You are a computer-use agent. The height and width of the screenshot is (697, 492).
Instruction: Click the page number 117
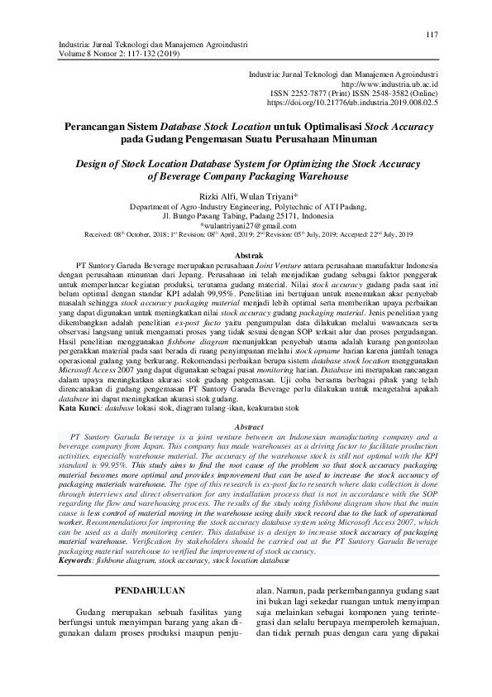point(431,34)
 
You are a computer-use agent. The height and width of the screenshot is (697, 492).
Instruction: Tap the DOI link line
point(370,103)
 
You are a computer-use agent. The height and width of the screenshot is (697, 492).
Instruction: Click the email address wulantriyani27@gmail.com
point(248,225)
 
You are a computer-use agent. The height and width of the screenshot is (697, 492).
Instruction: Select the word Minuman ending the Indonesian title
point(355,140)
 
